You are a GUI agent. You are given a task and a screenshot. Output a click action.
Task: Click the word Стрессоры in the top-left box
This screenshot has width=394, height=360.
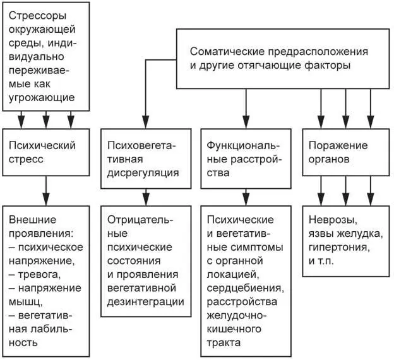(37, 15)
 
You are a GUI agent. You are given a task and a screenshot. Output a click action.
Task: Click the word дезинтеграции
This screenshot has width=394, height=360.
(146, 301)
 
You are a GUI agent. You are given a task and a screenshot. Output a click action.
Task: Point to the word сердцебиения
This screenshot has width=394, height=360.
(246, 288)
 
